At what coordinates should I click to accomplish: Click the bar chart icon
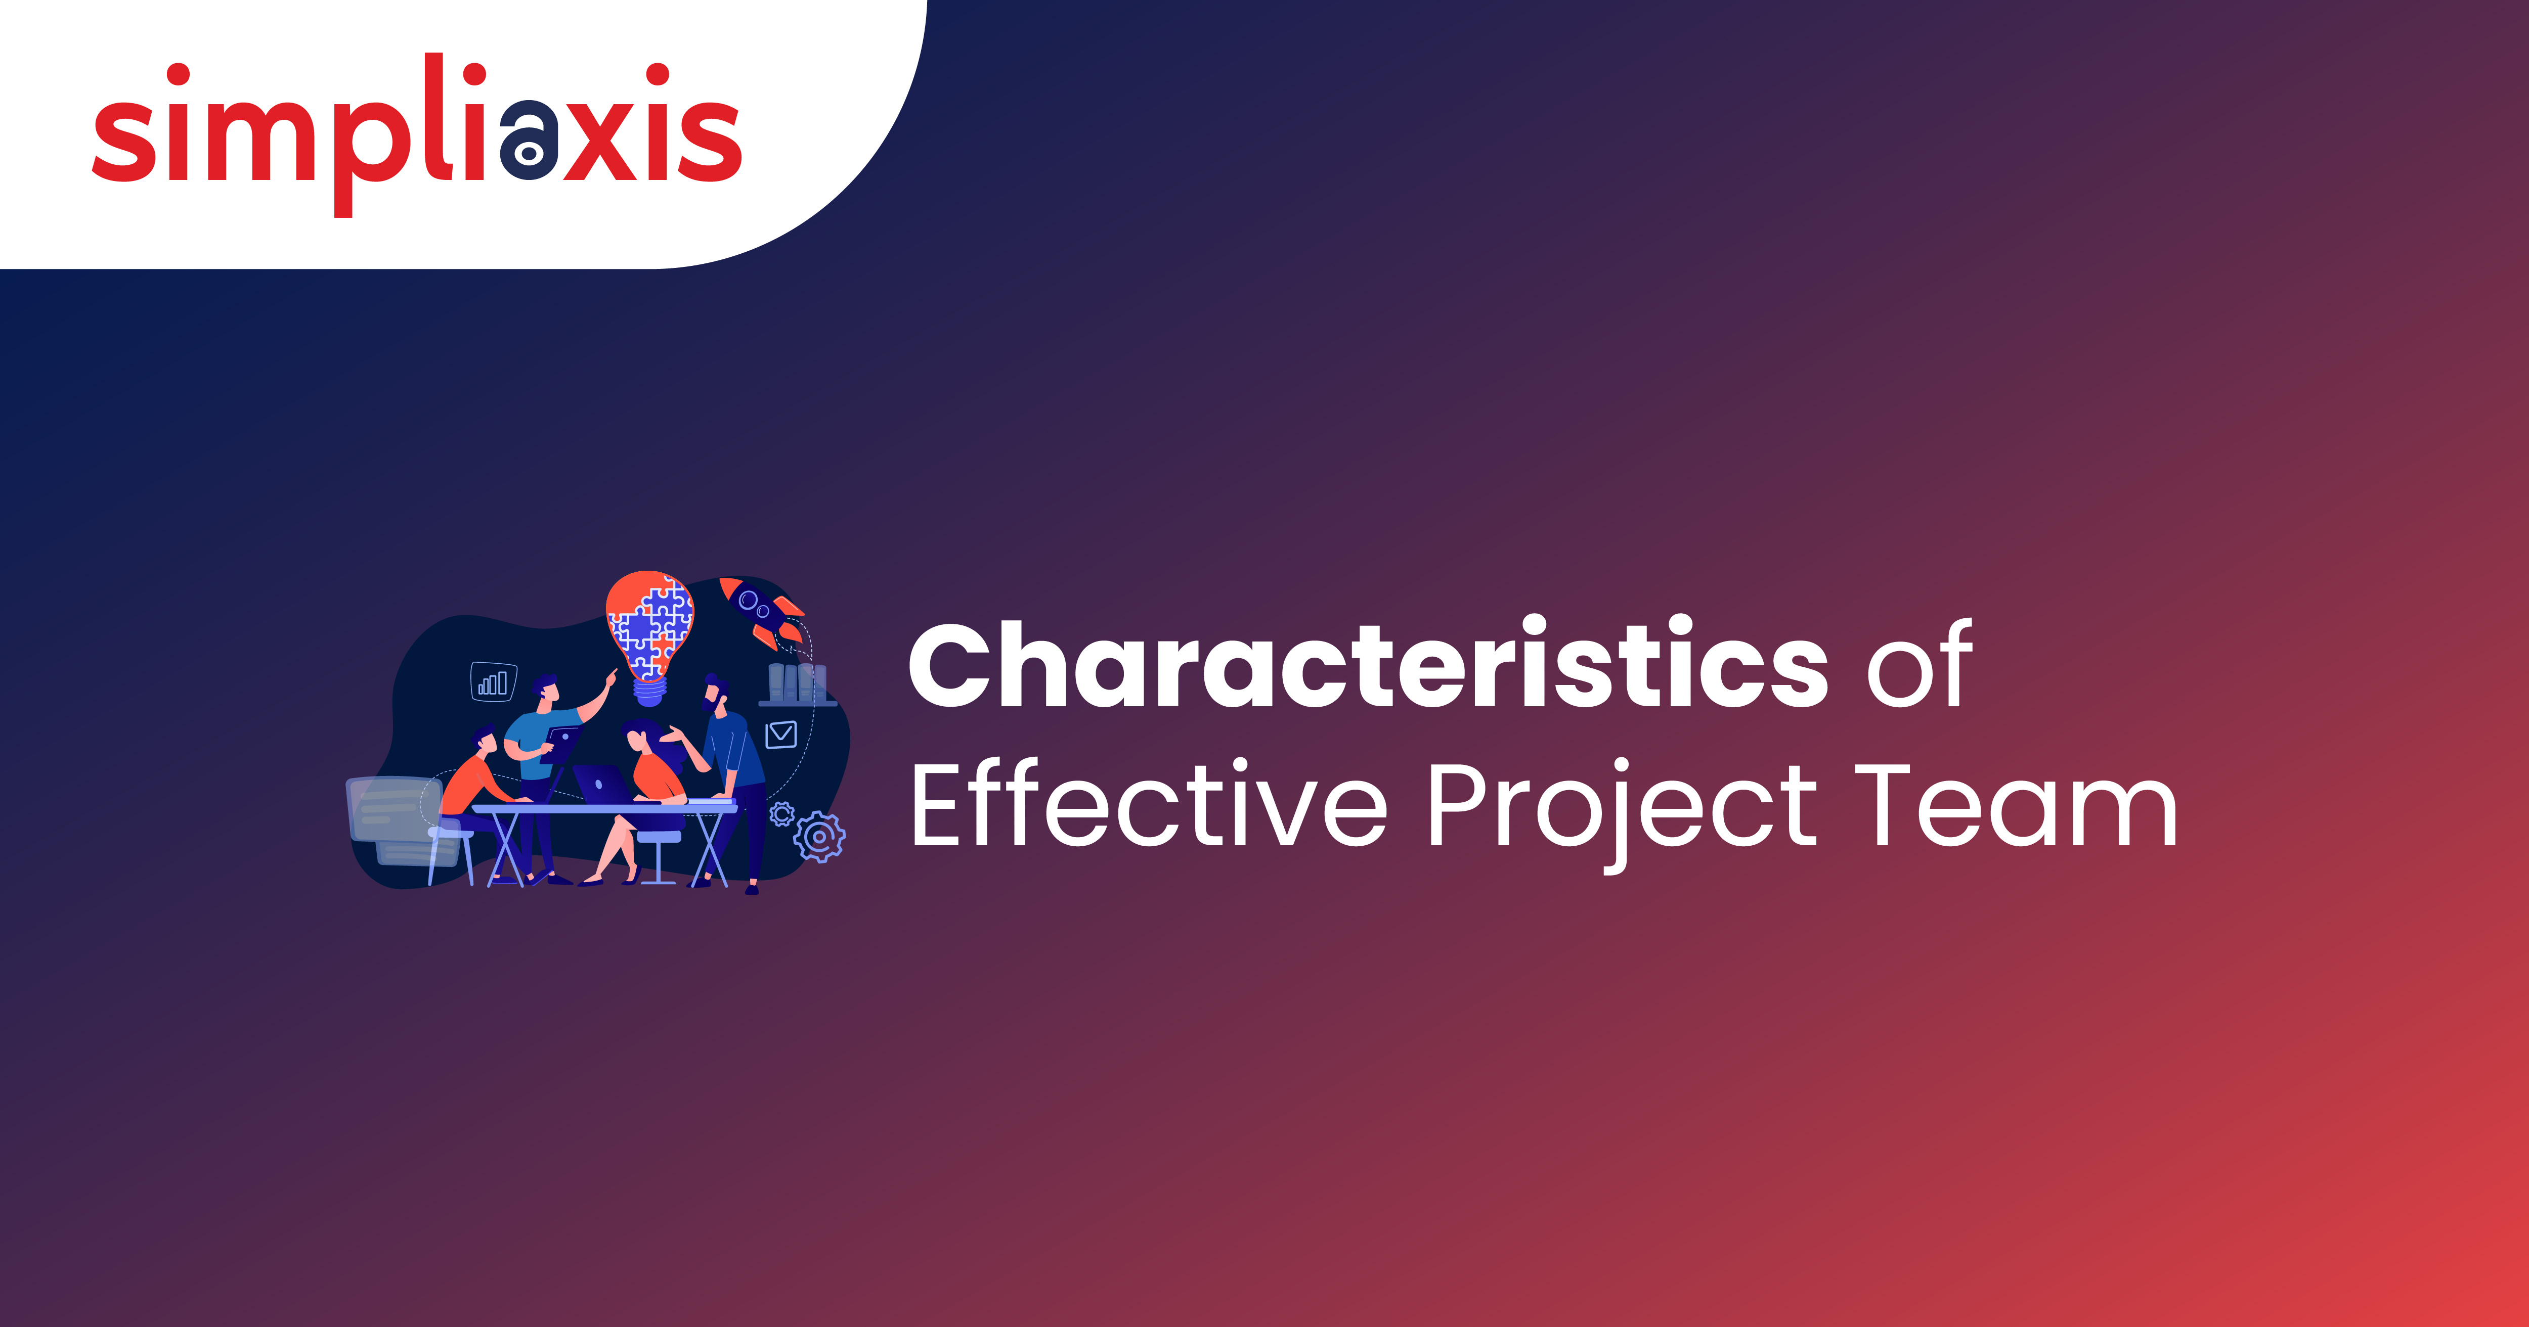493,681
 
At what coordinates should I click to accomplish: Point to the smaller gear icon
781,814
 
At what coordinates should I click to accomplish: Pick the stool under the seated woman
658,854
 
